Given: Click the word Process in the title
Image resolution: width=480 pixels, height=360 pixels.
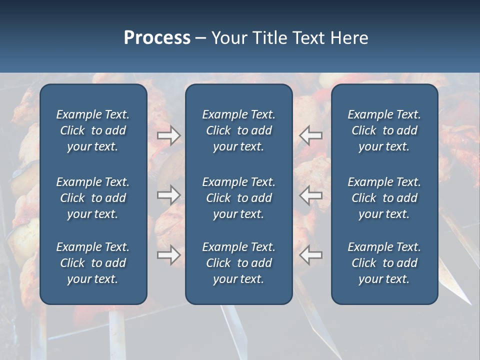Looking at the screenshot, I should click(x=157, y=38).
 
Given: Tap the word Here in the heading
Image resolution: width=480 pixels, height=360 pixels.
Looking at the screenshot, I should click(x=349, y=38).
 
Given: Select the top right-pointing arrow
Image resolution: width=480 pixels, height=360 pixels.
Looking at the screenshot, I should click(x=168, y=135).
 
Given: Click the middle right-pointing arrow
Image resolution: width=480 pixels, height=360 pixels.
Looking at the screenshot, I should click(x=168, y=195).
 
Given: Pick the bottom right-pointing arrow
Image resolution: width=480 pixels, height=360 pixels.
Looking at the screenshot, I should click(x=168, y=255).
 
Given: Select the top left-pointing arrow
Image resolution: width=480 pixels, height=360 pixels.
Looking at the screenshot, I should click(x=311, y=135).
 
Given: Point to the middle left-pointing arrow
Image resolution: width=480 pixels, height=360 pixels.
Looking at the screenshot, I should click(x=311, y=195).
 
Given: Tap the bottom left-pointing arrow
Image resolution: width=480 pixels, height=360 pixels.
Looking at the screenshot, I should click(x=311, y=255).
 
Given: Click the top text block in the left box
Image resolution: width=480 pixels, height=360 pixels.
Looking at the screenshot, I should click(x=93, y=130).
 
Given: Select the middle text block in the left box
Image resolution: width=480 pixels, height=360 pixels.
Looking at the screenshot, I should click(x=93, y=198).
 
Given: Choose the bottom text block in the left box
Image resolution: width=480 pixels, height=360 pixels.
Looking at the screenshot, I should click(x=93, y=263).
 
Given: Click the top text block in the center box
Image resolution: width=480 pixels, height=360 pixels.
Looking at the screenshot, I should click(x=238, y=130).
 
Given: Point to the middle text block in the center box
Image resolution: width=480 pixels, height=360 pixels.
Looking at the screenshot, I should click(x=238, y=198).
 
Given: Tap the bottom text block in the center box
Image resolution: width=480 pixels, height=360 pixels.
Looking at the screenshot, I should click(x=238, y=263).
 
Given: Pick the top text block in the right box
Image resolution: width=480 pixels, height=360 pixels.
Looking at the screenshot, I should click(x=384, y=130).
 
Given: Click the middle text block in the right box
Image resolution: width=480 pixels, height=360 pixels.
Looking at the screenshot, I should click(x=384, y=198).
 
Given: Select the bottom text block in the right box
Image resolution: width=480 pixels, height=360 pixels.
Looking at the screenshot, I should click(x=384, y=263).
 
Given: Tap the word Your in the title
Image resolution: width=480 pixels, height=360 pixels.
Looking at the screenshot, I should click(x=229, y=38).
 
